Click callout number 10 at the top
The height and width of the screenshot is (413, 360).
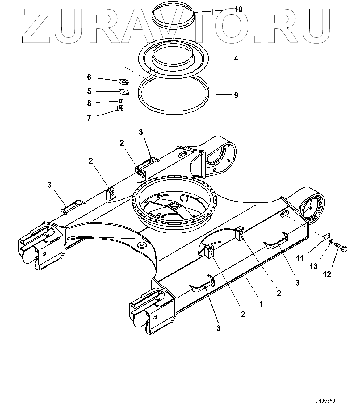[x=238, y=9]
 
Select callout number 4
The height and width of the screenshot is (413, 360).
[x=236, y=58]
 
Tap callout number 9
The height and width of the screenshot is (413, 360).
[x=236, y=95]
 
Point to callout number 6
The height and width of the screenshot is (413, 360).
[x=89, y=77]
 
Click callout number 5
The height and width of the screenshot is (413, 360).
[x=89, y=91]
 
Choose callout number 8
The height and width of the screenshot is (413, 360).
[x=89, y=103]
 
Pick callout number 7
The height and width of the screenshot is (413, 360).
[x=89, y=118]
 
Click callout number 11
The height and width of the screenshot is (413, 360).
[x=300, y=258]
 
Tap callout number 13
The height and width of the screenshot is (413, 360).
[x=313, y=266]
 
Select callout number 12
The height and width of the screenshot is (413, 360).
[x=327, y=273]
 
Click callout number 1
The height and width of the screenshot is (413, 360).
[x=261, y=304]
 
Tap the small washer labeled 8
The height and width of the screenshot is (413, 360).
[x=120, y=101]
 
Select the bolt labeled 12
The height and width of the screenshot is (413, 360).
[x=341, y=247]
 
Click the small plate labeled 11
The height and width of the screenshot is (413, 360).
[x=324, y=237]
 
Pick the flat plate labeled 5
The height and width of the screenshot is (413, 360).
[x=123, y=91]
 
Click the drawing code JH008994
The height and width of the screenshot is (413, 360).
[x=326, y=401]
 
